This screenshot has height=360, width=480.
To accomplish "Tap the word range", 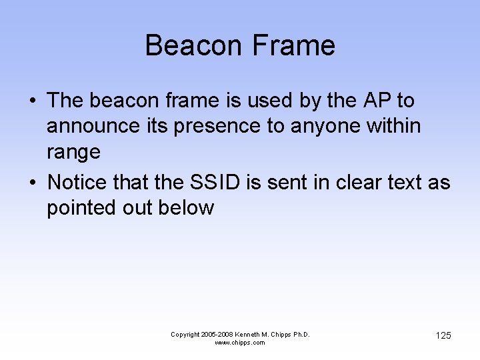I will pos(73,152).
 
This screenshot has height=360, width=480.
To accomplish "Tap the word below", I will pos(186,208).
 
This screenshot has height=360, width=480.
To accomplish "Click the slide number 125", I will pos(443,335).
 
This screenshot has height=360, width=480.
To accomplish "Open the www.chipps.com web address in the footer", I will pos(240,343).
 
